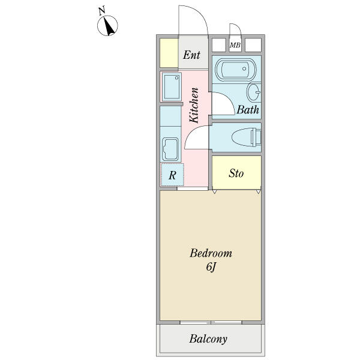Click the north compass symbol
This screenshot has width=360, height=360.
107,26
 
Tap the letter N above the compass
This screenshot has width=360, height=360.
102,11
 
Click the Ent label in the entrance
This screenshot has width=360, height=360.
192,55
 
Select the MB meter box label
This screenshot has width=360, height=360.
235,45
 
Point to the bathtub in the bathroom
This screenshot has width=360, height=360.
236,69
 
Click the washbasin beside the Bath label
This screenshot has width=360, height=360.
253,92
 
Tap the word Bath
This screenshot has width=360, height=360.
248,110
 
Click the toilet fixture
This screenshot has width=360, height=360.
247,137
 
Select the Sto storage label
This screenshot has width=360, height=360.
236,173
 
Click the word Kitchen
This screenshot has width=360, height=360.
194,105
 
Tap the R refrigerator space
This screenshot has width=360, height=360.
172,175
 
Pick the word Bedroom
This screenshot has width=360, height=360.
211,253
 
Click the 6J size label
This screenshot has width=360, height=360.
211,267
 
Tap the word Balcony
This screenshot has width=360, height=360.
208,339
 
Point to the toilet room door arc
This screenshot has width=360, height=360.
192,132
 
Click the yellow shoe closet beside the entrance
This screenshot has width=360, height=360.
169,53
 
